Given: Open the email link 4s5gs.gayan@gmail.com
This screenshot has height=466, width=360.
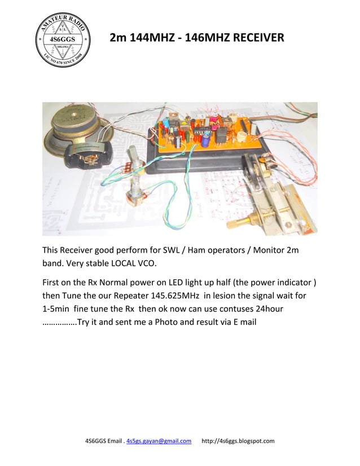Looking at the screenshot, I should click(159, 441).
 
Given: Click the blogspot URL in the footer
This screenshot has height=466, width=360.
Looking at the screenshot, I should click(238, 441).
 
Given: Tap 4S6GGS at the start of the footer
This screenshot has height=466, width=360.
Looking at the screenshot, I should click(96, 441).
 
